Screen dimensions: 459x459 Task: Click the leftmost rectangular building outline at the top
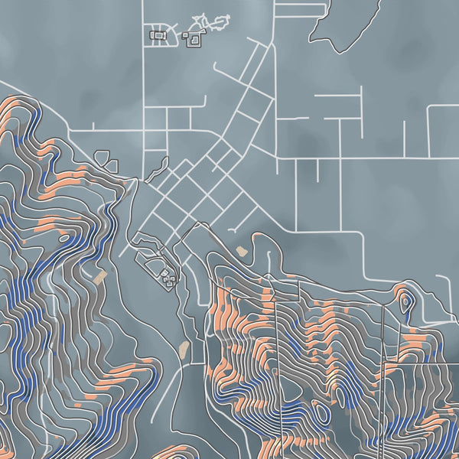[158, 34]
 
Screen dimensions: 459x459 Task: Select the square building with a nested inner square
[194, 37]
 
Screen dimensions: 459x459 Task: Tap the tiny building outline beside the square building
[185, 34]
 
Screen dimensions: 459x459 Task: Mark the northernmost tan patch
[243, 250]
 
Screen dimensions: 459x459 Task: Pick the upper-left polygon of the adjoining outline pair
[101, 157]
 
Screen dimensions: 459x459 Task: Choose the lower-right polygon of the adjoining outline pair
[111, 164]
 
